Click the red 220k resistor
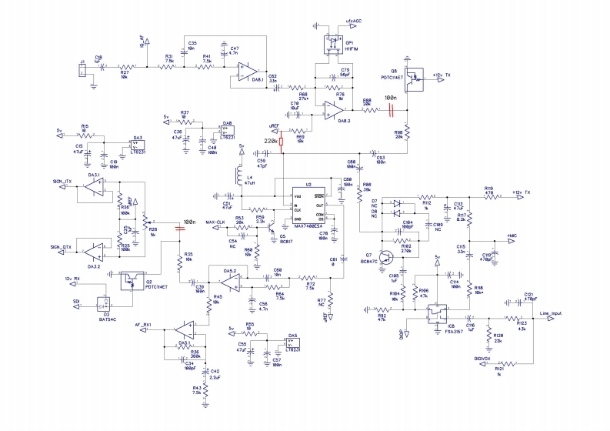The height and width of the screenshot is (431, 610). click(282, 142)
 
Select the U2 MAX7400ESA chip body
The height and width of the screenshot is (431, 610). click(308, 205)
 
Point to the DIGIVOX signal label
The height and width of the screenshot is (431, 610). click(482, 359)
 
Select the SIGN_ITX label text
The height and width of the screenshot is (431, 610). click(62, 181)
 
